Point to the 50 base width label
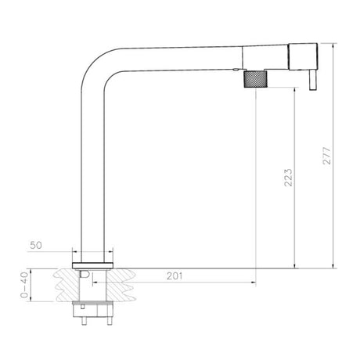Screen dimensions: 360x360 pyautogui.click(x=36, y=245)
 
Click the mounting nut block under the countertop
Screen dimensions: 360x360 pyautogui.click(x=93, y=306)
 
